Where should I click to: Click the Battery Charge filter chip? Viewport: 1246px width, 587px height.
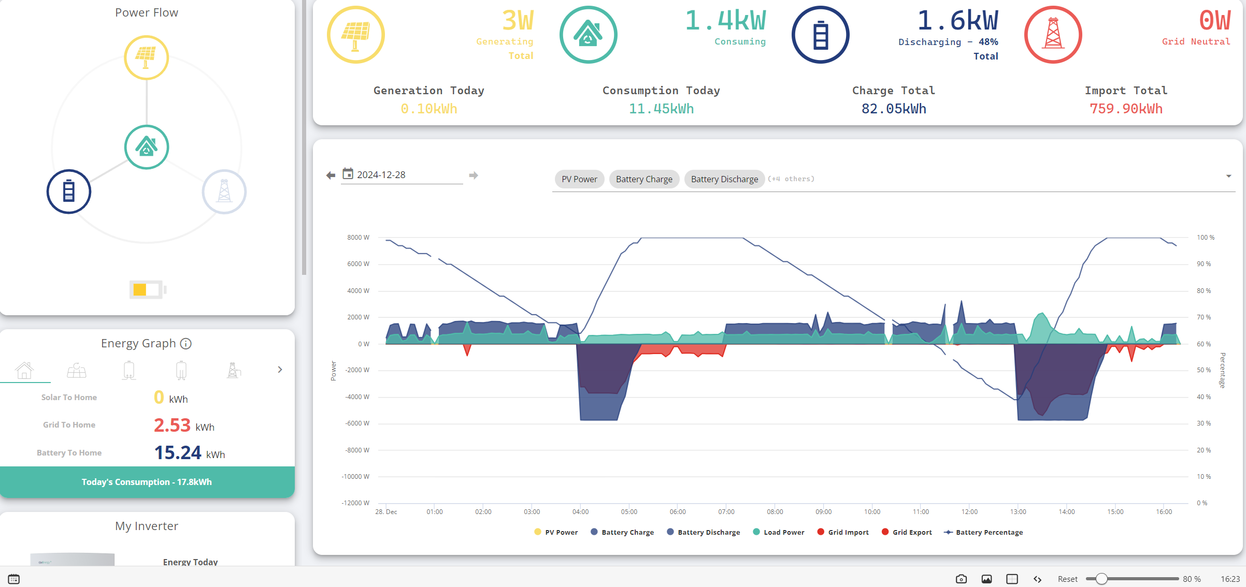coord(644,179)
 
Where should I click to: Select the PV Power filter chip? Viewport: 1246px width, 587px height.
coord(579,179)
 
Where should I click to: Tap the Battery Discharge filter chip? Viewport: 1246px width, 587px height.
coord(724,179)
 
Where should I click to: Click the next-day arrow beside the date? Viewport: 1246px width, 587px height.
coord(474,175)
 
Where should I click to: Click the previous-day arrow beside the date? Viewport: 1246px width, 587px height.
coord(331,175)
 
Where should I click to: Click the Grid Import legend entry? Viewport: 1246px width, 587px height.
coord(843,532)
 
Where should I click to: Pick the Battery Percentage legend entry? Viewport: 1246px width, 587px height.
coord(983,532)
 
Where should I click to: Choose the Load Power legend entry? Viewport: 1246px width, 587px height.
coord(779,532)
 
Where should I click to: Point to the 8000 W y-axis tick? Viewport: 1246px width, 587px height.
coord(358,238)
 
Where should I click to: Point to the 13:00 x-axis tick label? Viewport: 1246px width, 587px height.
coord(1018,512)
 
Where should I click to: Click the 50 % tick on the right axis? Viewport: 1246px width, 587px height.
coord(1204,370)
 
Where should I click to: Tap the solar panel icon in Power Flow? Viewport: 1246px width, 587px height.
coord(147,57)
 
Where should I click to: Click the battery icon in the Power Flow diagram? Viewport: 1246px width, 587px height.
coord(69,192)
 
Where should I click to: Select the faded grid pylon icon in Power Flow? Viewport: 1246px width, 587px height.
coord(224,192)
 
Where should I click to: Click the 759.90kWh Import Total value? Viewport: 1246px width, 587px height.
coord(1126,109)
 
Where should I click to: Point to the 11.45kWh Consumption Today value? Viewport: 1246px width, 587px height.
coord(661,109)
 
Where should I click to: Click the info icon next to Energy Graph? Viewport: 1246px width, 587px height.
coord(185,344)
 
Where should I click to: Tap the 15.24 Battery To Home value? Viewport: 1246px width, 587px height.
coord(178,453)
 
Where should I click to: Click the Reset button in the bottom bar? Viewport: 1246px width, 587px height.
coord(1067,579)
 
